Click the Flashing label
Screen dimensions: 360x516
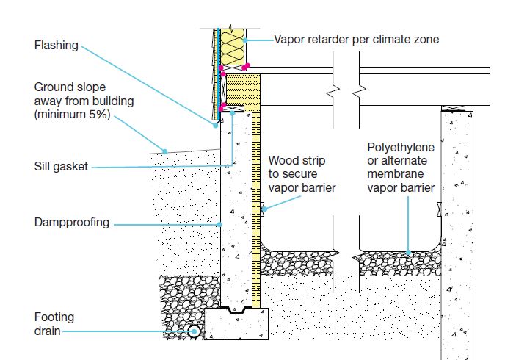point(56,46)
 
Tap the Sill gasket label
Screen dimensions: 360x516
point(61,167)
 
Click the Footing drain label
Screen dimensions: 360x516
point(54,324)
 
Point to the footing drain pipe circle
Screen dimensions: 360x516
point(195,331)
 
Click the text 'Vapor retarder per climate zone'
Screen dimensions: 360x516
point(357,39)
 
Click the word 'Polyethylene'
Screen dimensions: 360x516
point(401,148)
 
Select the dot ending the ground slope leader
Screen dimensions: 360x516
point(166,151)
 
